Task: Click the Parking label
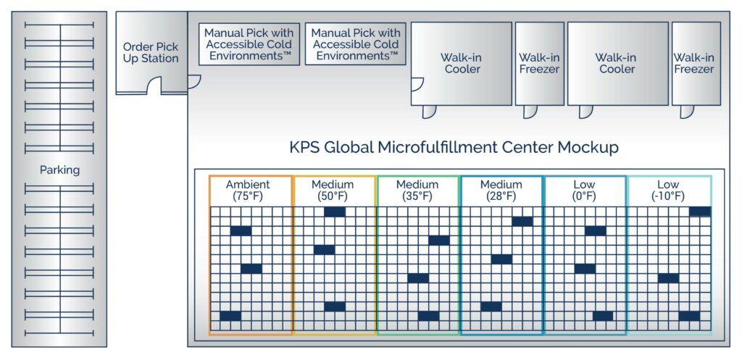tap(59, 169)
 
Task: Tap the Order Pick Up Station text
tap(151, 53)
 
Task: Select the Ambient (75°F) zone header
tap(248, 191)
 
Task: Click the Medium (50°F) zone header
tap(333, 191)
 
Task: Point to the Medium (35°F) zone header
tap(417, 191)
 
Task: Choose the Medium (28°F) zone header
tap(501, 191)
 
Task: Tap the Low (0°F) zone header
tap(584, 191)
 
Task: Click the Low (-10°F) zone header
tap(668, 191)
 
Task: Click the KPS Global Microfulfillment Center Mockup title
tap(454, 147)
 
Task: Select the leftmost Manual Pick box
tap(249, 44)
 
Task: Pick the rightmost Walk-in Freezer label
tap(694, 64)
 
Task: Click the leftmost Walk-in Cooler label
tap(460, 64)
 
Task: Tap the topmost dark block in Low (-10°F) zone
tap(701, 212)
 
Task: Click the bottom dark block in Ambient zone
tap(230, 316)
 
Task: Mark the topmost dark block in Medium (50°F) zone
tap(335, 212)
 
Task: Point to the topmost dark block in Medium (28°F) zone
tap(522, 222)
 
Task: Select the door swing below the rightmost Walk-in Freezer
tap(687, 112)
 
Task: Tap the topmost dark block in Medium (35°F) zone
tap(439, 240)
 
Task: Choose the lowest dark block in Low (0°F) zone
tap(603, 316)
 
